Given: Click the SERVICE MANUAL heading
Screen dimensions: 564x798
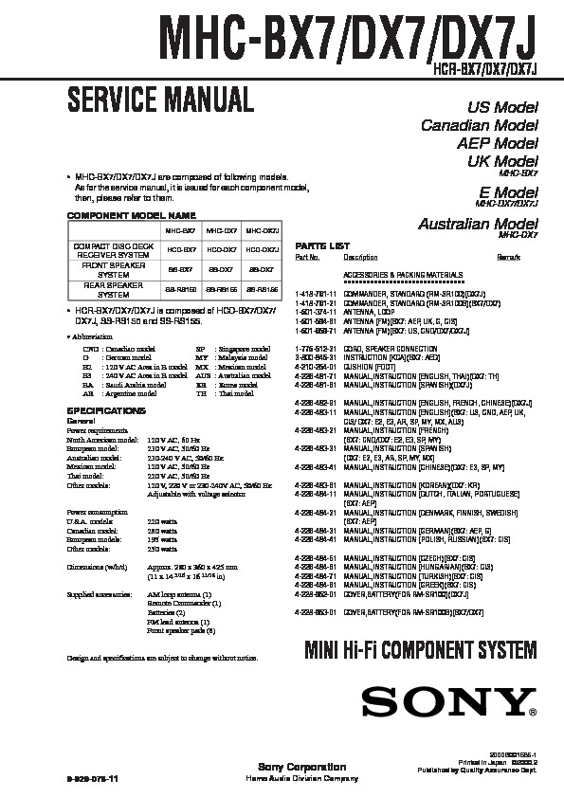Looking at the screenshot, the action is (158, 98).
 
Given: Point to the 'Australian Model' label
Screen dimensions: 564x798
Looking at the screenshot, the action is (478, 224).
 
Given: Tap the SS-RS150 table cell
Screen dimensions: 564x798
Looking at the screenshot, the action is (181, 288).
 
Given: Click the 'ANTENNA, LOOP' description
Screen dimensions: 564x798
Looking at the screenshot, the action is (366, 312).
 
